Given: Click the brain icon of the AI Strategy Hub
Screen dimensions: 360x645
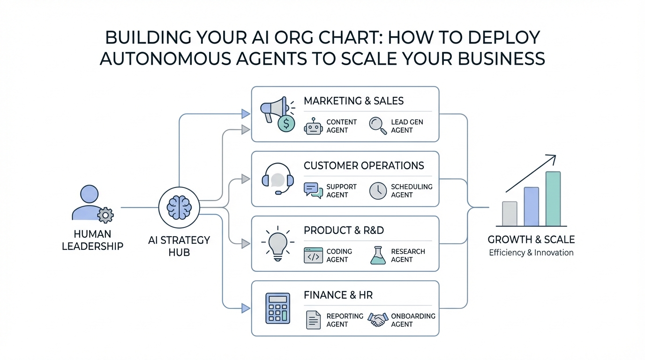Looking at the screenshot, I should point(179,207).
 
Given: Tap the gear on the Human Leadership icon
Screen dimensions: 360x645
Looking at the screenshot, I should point(105,215).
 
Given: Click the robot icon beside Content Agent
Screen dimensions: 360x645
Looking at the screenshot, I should point(314,126).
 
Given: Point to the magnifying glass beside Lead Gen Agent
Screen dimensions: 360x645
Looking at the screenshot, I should point(378,126).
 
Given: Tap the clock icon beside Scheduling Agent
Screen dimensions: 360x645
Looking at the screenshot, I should point(378,191).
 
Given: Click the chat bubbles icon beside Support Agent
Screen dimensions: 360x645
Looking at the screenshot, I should point(313,190).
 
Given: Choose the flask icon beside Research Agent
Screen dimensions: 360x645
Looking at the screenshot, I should point(378,255).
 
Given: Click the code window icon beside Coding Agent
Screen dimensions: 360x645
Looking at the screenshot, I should point(313,255).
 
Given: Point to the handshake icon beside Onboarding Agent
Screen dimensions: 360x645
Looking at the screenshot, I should point(378,320).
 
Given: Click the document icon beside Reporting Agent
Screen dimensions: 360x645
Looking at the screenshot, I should point(313,320).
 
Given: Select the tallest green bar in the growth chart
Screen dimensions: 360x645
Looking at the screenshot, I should point(553,199).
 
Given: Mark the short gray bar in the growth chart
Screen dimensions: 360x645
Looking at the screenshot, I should point(510,214).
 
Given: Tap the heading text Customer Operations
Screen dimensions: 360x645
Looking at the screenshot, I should point(364,165).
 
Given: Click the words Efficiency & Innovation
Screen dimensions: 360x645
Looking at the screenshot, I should point(531,253).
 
